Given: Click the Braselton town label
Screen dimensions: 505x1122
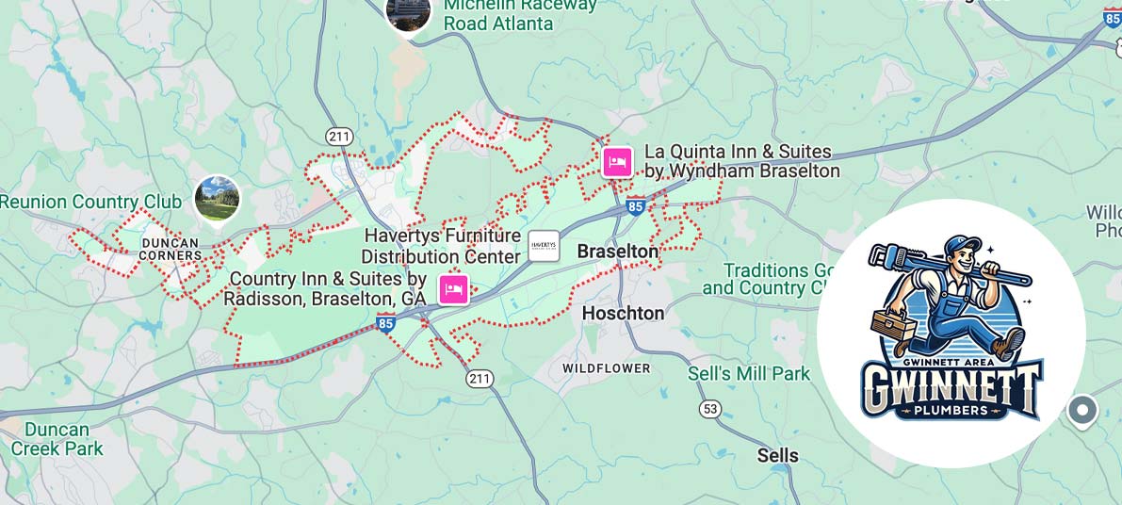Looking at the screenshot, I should (x=617, y=252).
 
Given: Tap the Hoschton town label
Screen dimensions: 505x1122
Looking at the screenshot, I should (x=623, y=312).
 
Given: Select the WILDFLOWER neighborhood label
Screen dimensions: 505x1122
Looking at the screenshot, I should (x=606, y=367).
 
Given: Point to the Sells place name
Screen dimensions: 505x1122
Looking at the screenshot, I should (x=777, y=456).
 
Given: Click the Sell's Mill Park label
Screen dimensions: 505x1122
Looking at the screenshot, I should (x=749, y=374).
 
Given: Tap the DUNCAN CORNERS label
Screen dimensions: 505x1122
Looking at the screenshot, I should (x=171, y=249).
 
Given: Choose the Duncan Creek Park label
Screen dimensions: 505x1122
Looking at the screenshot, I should (x=57, y=439).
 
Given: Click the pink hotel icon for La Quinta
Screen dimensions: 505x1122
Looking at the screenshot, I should (x=617, y=162).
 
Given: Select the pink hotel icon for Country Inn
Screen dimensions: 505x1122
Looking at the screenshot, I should (x=453, y=288).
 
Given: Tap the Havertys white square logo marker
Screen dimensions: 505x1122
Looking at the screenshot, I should (x=544, y=246).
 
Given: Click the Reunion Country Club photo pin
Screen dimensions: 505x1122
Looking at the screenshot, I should (x=218, y=198).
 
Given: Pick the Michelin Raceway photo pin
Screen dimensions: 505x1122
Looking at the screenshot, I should (x=409, y=11).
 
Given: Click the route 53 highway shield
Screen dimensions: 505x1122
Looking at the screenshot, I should (x=710, y=409).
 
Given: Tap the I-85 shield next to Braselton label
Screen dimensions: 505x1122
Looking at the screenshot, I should (x=636, y=205).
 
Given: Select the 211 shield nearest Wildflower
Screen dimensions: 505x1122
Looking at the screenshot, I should (x=480, y=378).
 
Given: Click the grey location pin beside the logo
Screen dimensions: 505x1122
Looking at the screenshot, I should (x=1082, y=410).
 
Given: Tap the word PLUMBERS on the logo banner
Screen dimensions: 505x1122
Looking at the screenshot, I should (x=951, y=410).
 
